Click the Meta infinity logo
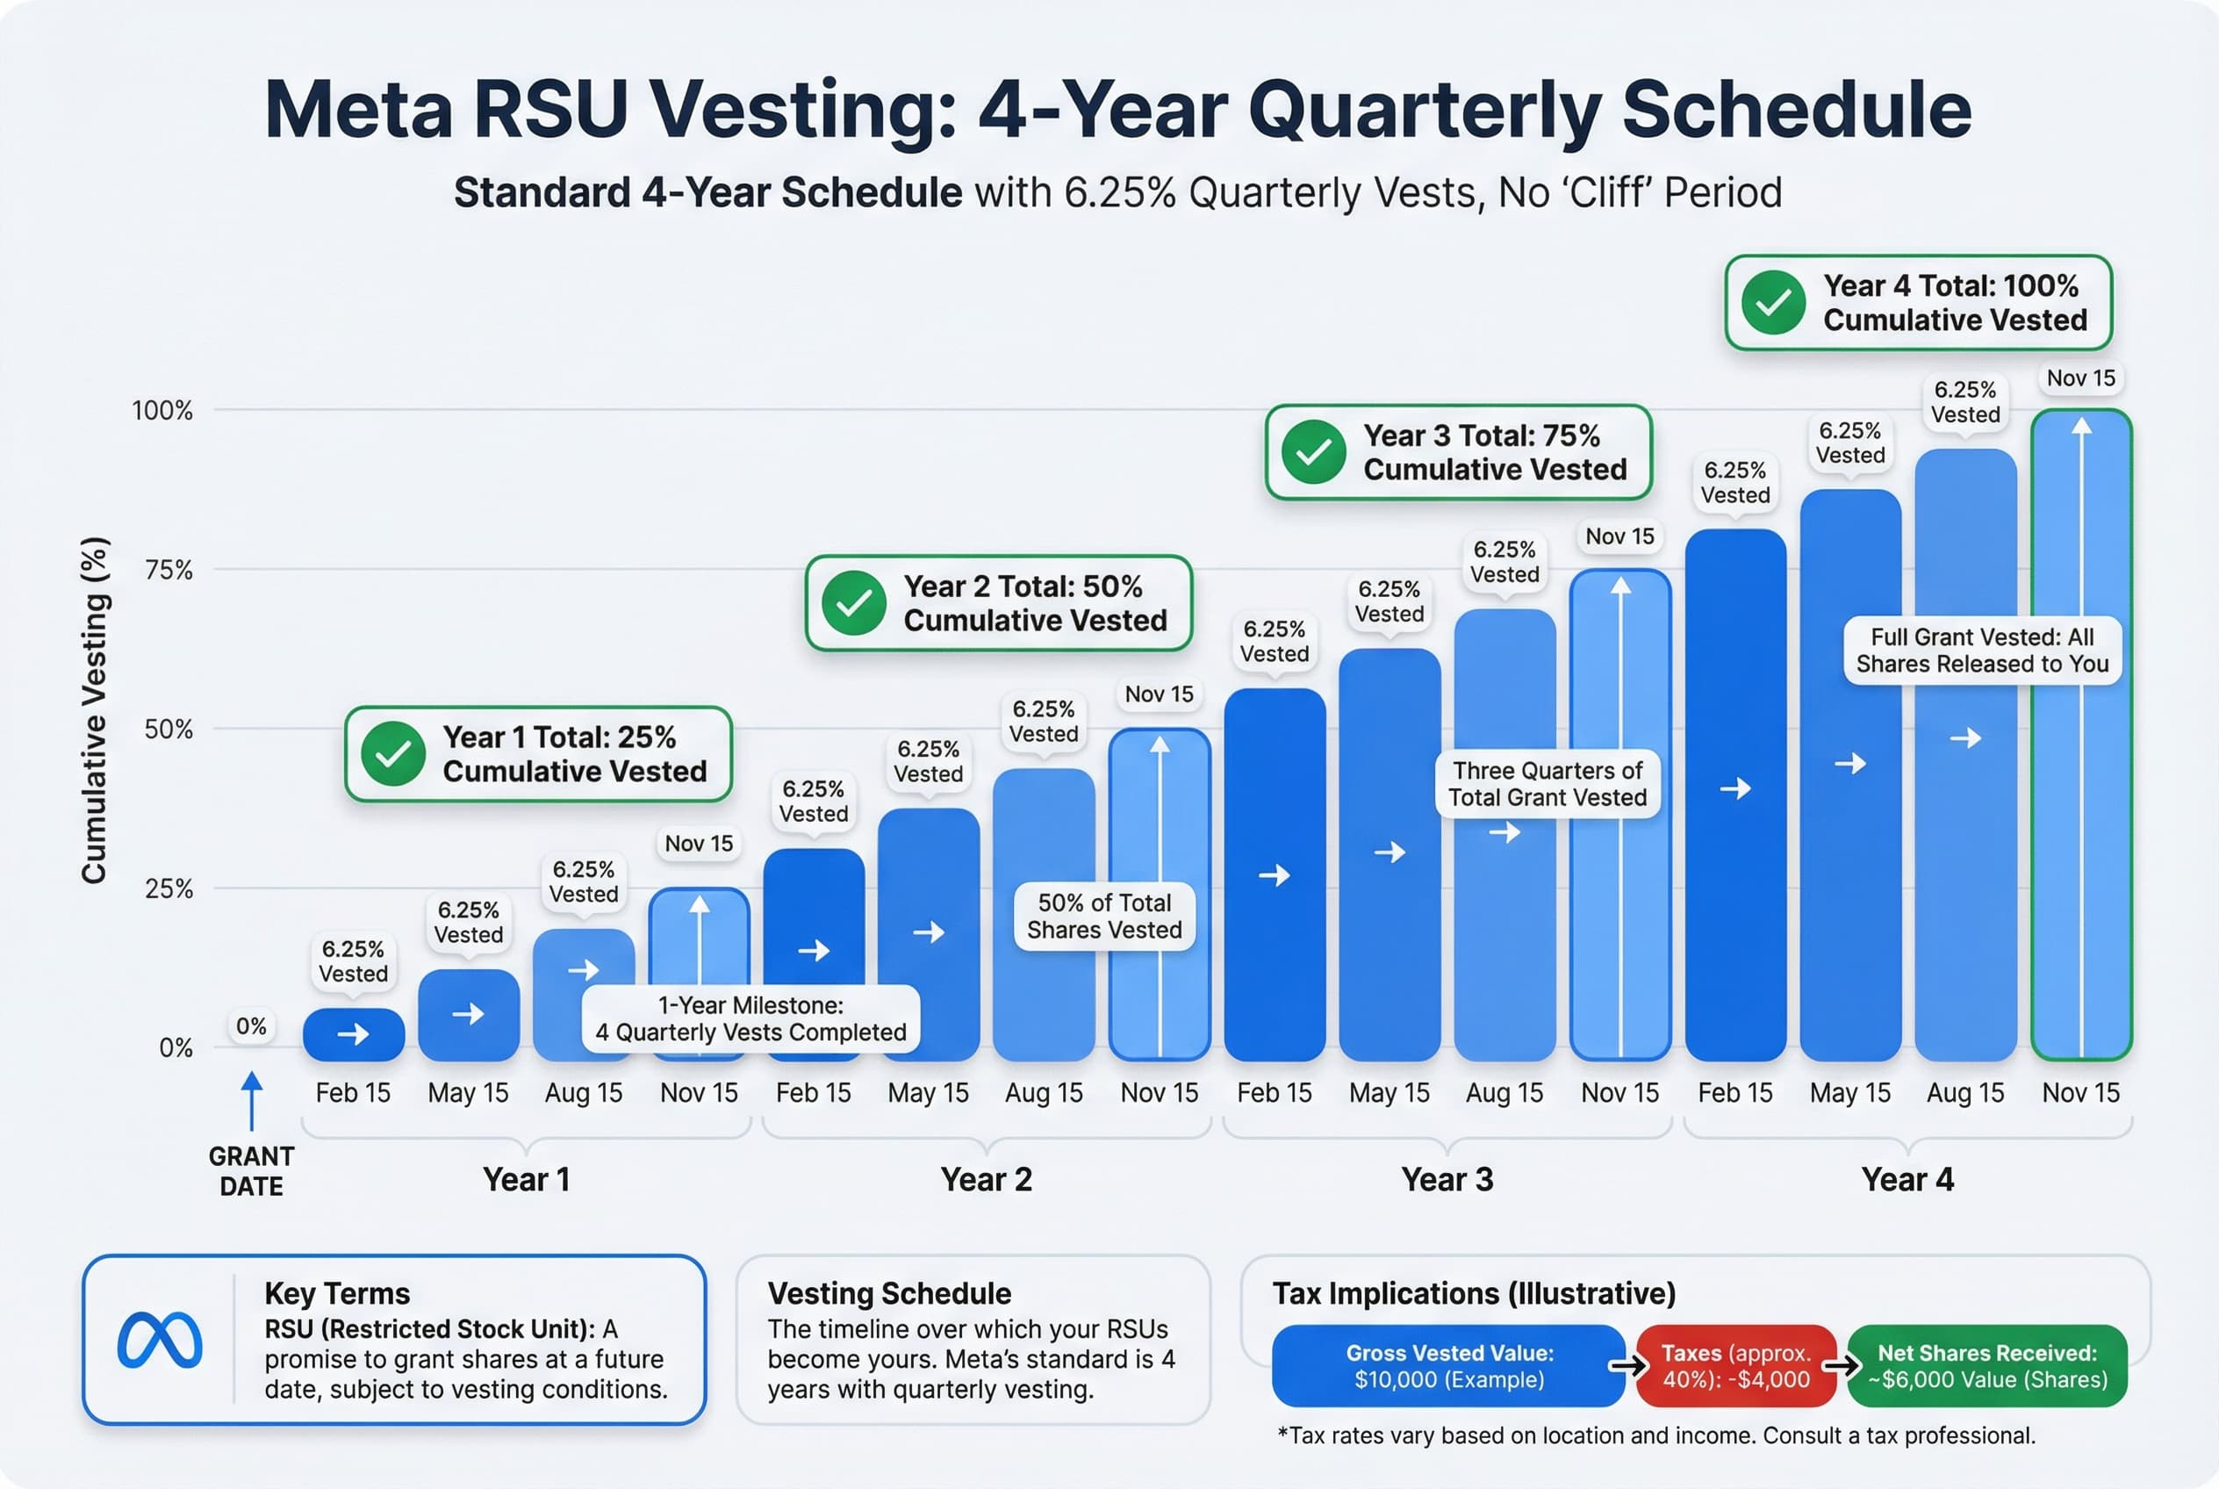pos(160,1340)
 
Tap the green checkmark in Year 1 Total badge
pos(393,754)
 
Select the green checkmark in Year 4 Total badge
pos(1773,302)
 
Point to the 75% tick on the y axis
pos(168,570)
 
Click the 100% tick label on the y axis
pos(162,410)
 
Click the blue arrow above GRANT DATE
pos(252,1101)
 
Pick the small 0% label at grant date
pos(252,1026)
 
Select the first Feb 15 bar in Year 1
pos(353,1035)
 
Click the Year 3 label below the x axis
pos(1447,1179)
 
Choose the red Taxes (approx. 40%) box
pos(1735,1365)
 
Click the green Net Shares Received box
pos(1987,1365)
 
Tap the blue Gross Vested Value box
pos(1448,1365)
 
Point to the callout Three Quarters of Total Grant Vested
pos(1547,783)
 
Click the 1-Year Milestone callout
pos(750,1019)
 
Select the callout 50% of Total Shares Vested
pos(1104,916)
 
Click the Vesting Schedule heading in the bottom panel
pos(888,1293)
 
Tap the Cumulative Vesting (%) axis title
pos(94,710)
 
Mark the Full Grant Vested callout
pos(1982,650)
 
